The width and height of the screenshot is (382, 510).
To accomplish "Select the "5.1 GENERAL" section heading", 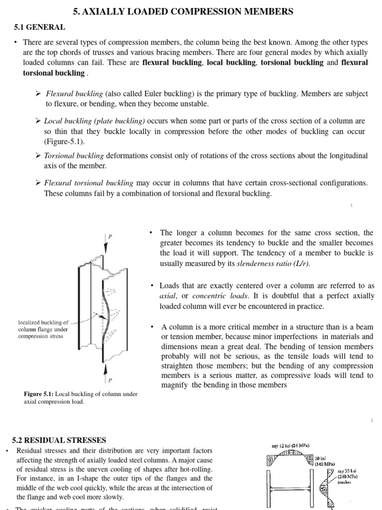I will point(39,27).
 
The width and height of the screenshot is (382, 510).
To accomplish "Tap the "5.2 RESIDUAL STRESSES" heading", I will point(59,440).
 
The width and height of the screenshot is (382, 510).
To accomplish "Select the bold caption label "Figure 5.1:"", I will point(38,394).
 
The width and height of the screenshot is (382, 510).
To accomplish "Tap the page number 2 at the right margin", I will point(371,421).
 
